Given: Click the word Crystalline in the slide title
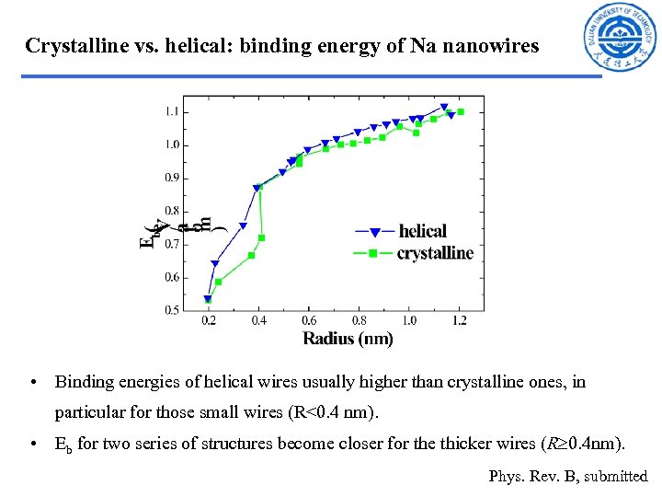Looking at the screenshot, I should click(74, 45).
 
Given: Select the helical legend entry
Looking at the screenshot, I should click(422, 231).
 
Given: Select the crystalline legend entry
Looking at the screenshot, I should click(434, 253).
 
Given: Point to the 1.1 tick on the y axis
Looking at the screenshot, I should click(172, 112).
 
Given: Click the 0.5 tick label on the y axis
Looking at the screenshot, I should click(172, 311).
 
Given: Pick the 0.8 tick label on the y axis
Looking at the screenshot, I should click(172, 212).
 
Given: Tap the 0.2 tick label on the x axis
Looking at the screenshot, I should click(209, 321).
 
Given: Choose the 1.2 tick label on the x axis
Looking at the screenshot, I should click(460, 321).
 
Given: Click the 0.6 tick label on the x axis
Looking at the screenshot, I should click(309, 321).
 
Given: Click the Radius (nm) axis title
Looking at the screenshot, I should click(348, 339).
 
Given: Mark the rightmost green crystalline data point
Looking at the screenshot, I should click(461, 112).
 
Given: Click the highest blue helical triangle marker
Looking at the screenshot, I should click(444, 108).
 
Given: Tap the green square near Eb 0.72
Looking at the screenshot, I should click(262, 237).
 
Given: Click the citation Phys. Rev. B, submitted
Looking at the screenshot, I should click(568, 476).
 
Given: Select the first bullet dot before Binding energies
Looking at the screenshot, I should click(32, 382).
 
